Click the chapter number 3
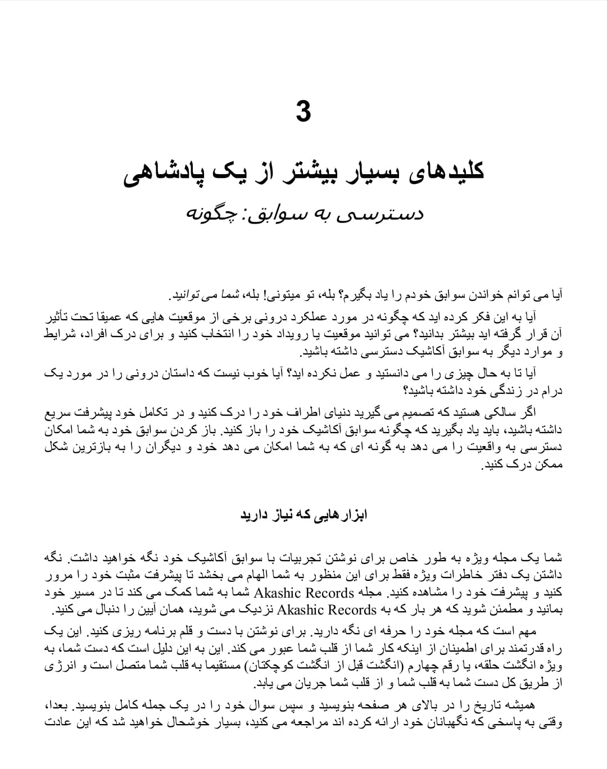[303, 111]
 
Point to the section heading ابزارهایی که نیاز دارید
[303, 516]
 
